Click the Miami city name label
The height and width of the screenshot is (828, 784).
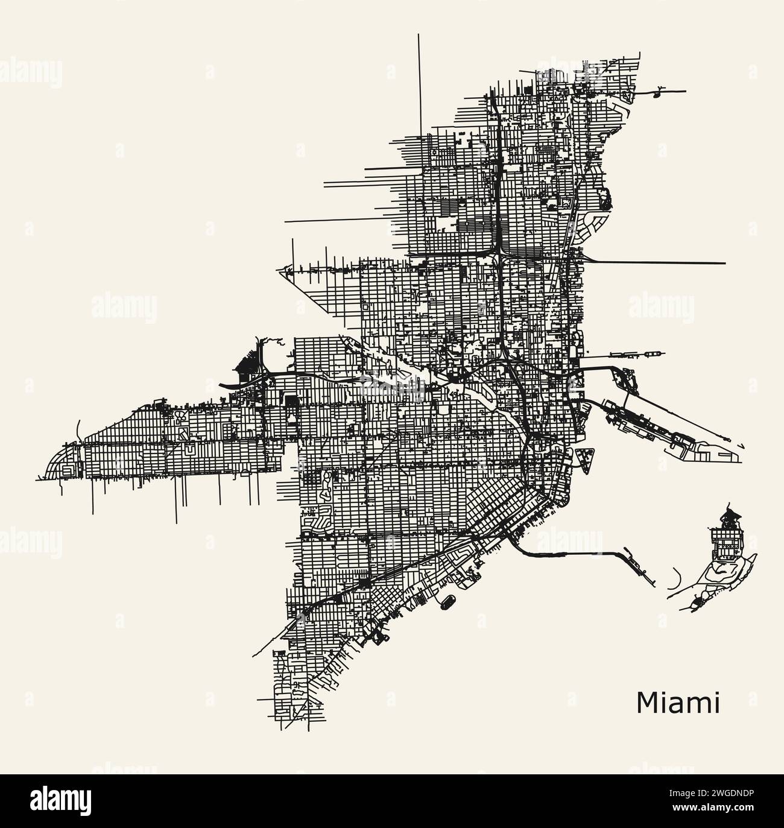677,703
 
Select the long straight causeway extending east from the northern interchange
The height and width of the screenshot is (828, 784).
657,263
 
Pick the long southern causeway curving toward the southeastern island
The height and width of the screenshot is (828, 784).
573,552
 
